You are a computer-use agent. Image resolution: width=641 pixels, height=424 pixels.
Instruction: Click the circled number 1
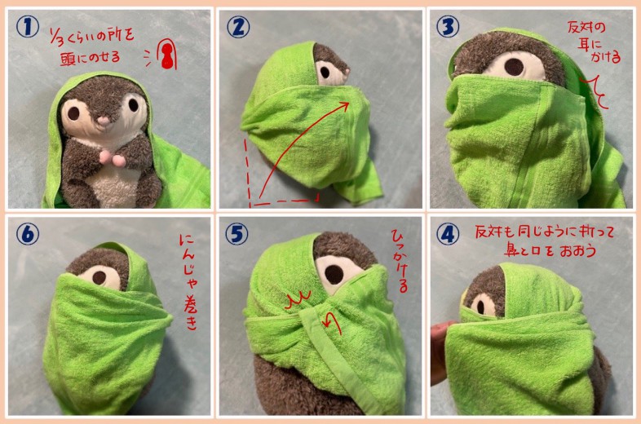coord(28,27)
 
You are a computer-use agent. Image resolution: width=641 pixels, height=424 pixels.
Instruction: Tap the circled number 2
coord(238,27)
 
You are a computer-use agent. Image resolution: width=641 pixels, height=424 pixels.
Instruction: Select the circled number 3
coord(448,27)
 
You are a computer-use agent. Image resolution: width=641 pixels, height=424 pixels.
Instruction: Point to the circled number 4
coord(448,234)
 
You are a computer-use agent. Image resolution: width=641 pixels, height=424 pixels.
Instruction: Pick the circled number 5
coord(237,234)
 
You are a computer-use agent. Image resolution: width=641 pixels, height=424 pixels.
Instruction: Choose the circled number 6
coord(28,234)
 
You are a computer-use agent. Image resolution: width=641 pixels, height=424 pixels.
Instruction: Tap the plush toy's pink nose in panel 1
coord(104,121)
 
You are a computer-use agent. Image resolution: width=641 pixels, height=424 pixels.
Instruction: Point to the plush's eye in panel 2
coord(325,72)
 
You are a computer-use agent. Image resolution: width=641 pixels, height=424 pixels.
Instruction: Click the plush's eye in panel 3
coord(514,66)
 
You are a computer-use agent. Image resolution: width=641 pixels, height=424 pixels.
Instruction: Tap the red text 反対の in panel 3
coord(586,28)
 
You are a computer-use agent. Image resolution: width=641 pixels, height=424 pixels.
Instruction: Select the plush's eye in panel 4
coord(481,307)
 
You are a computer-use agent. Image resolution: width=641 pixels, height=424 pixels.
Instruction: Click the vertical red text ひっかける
coord(400,261)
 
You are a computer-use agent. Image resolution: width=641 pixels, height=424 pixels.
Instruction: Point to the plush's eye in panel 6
coord(99,277)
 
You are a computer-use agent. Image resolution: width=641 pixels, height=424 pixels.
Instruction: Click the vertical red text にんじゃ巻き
coord(189,282)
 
